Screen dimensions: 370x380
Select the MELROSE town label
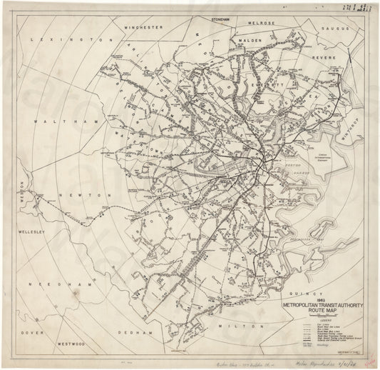coord(262,22)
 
